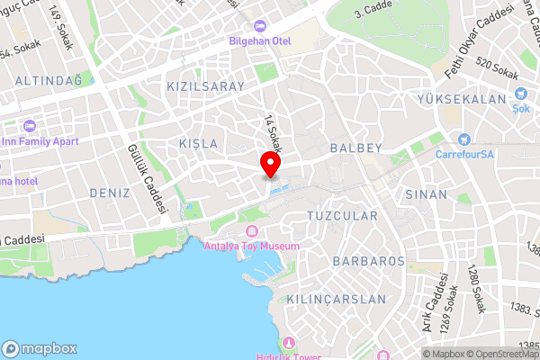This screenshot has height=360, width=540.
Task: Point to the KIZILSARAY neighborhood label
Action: [206, 86]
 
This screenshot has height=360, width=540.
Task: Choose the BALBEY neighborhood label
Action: [356, 147]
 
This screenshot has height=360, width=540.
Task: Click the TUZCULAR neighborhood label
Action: [342, 216]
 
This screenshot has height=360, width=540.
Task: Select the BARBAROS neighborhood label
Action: [369, 261]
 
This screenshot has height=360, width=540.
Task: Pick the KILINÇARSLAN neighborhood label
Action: [335, 299]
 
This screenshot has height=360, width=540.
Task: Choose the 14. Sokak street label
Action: [270, 133]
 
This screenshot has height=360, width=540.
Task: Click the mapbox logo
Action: [40, 348]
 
